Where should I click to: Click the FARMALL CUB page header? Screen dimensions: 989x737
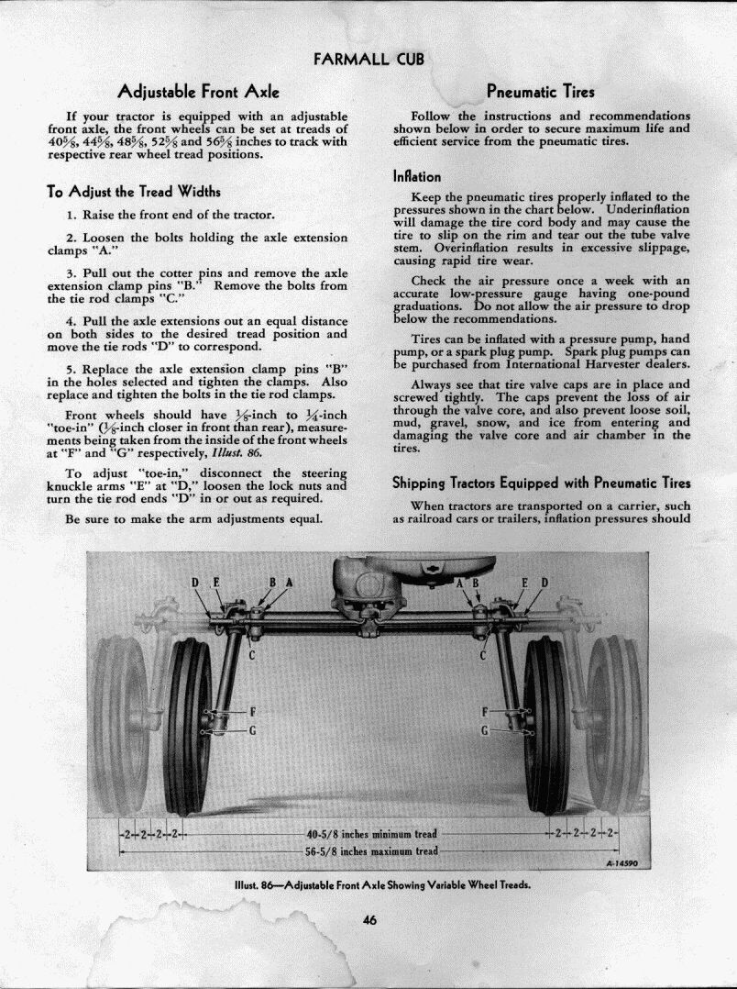[368, 60]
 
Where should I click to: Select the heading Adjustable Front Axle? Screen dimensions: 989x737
[198, 92]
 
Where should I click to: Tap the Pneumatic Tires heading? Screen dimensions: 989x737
[540, 92]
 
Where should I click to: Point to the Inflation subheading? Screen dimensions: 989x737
[417, 176]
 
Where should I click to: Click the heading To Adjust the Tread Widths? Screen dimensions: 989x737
[133, 192]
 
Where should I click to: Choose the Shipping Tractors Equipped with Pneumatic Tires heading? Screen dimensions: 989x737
[541, 483]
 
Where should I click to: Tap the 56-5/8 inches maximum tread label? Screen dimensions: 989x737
[371, 851]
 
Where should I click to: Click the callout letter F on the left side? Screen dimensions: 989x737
[252, 713]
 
